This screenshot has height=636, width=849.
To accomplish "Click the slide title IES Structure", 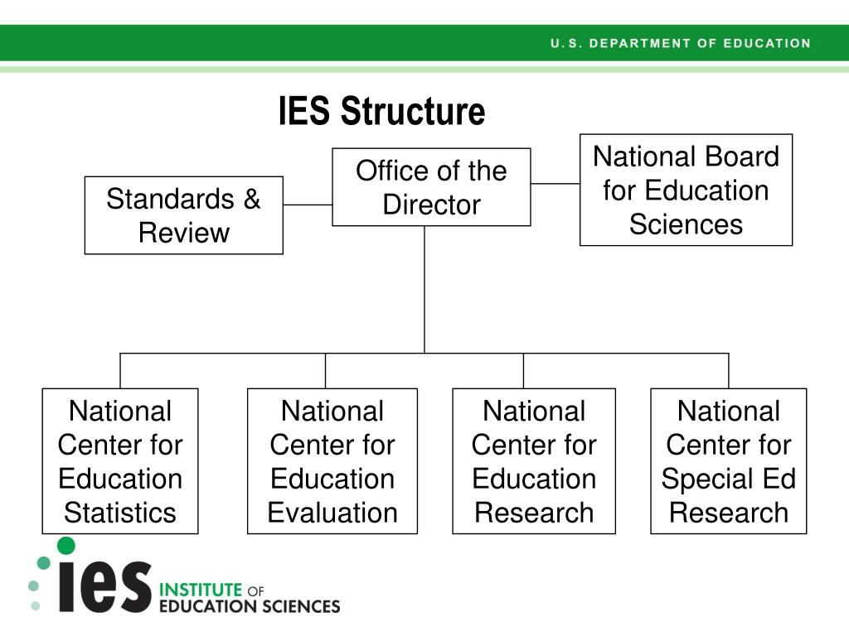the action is (381, 112).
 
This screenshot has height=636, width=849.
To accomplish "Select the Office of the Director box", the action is (431, 187).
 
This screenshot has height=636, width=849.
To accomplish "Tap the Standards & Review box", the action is (183, 215).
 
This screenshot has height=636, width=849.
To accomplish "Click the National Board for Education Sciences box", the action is (686, 190).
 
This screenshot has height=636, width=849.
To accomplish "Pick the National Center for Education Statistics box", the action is (120, 461).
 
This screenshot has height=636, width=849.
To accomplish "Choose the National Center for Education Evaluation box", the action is (332, 461).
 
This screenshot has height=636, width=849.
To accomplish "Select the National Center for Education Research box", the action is (534, 461).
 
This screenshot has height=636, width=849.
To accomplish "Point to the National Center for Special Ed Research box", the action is (728, 461).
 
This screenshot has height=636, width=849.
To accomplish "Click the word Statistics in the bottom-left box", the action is (120, 513).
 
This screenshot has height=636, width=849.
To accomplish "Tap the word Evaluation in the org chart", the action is (332, 513).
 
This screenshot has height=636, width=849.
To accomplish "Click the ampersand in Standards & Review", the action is (251, 200).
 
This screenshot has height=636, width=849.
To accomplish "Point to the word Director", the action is (431, 205).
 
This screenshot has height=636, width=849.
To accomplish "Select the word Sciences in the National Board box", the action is (686, 224).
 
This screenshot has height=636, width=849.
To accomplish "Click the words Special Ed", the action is (728, 479).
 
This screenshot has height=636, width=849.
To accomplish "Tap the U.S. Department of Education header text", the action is (680, 43).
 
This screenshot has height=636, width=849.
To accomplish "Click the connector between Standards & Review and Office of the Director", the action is (308, 205).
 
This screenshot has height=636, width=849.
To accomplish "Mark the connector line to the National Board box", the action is (555, 184).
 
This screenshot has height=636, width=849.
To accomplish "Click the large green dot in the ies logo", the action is (65, 546).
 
